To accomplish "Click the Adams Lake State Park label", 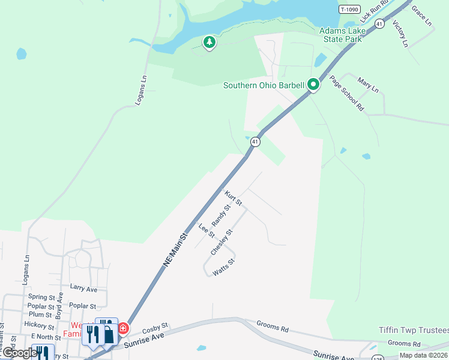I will click(x=340, y=35).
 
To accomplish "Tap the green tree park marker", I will click(x=209, y=42).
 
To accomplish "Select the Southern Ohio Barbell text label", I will click(x=264, y=85).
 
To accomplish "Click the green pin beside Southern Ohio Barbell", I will click(x=313, y=85).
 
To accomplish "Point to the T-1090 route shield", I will click(x=350, y=9).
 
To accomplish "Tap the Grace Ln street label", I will click(x=421, y=16).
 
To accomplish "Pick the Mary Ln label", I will click(x=368, y=85).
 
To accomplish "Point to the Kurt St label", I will click(x=233, y=198).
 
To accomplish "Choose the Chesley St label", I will click(x=221, y=242).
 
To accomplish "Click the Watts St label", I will click(x=224, y=268).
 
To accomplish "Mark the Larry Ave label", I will click(x=83, y=289).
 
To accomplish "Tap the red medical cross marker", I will click(x=122, y=328).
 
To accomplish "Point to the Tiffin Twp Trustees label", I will click(x=414, y=331).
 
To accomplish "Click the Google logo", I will click(x=20, y=353).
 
